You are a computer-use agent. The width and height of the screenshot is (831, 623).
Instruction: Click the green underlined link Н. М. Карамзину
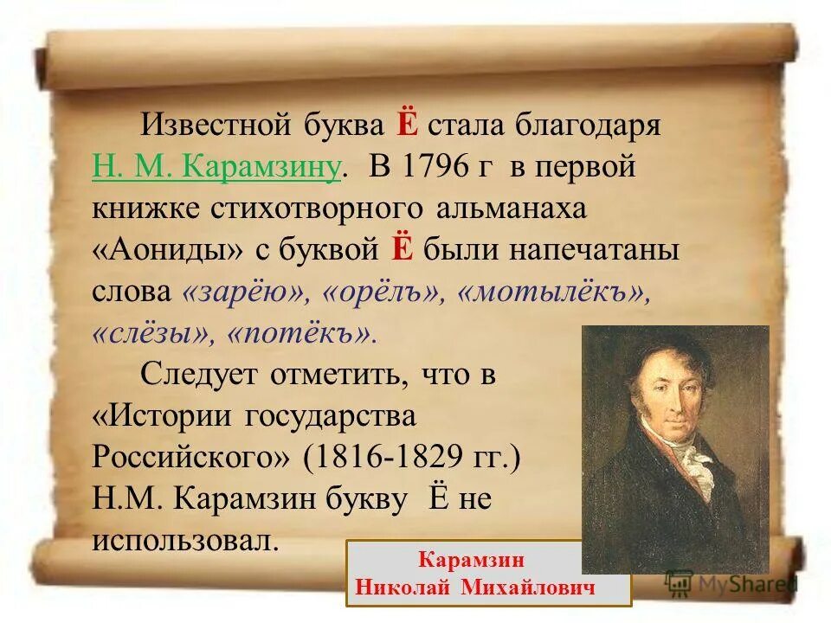(216, 166)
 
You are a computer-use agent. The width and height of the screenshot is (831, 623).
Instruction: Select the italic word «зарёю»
(246, 292)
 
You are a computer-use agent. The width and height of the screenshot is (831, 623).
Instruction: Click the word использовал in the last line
(185, 541)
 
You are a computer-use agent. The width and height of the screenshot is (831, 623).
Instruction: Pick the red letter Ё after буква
(408, 125)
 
